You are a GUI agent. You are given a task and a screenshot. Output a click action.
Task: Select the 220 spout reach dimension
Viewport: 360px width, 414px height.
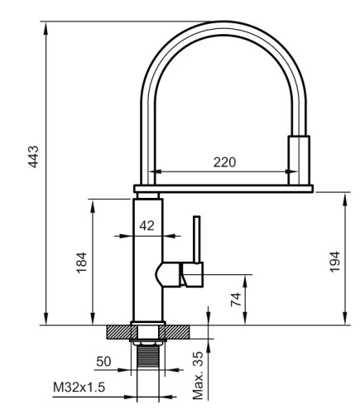[223, 162]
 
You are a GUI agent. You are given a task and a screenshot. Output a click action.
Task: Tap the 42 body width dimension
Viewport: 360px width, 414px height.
[146, 224]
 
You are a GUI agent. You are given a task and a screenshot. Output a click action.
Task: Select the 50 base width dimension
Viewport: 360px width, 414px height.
[103, 363]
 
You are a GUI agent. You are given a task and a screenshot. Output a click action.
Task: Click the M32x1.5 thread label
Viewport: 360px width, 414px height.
[78, 387]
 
